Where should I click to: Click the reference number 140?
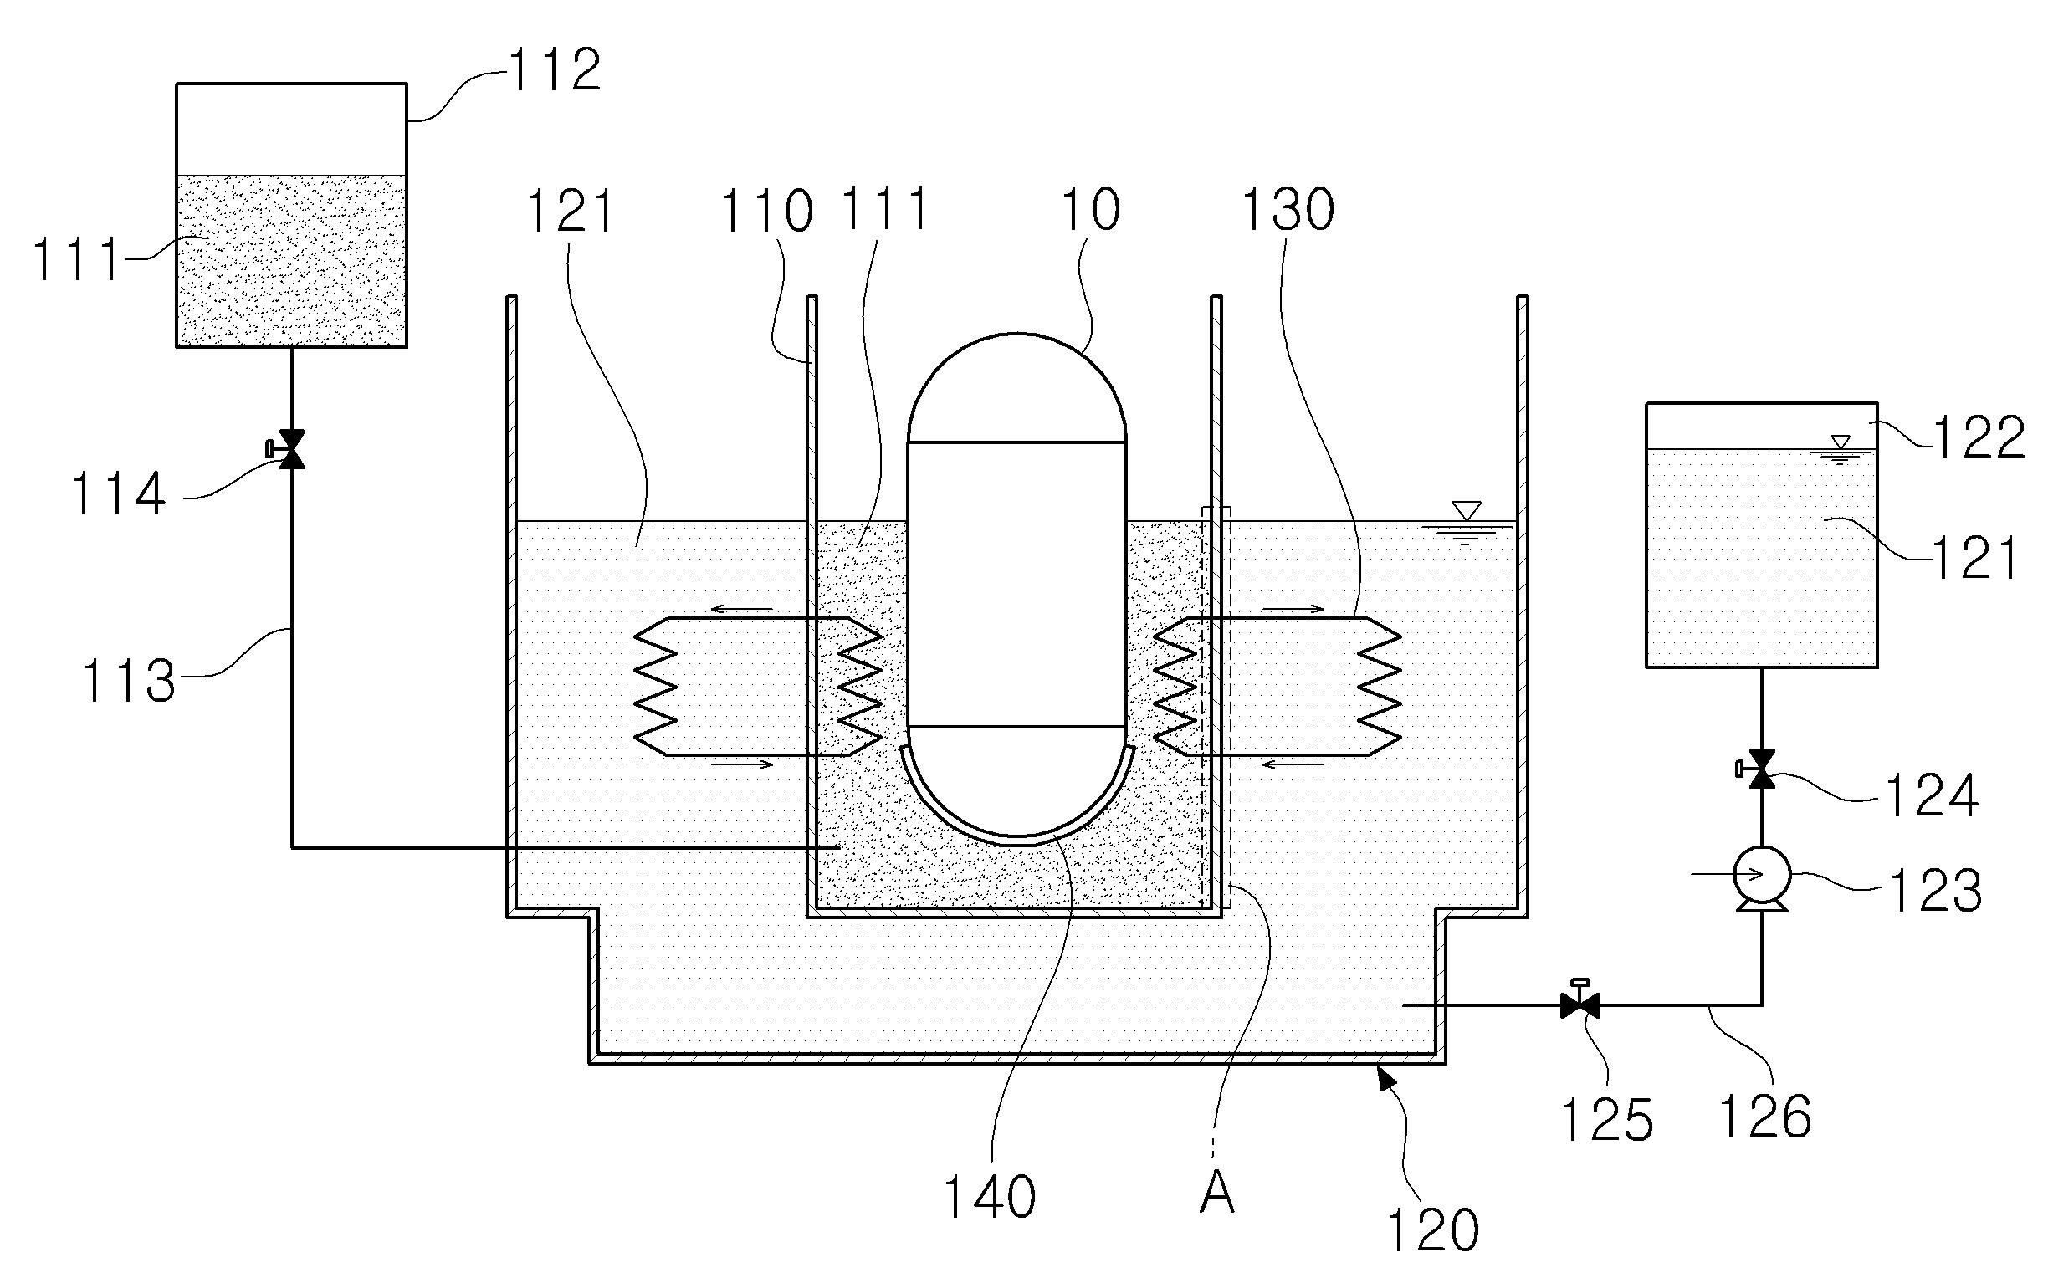pyautogui.click(x=989, y=1198)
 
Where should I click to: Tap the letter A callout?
pyautogui.click(x=1217, y=1194)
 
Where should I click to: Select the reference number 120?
pyautogui.click(x=1433, y=1229)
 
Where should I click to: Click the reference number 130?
pyautogui.click(x=1288, y=210)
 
